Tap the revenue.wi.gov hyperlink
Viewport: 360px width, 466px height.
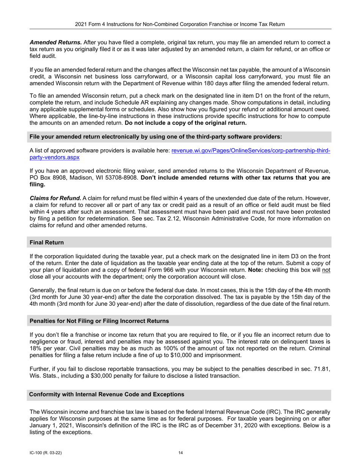tap(250, 150)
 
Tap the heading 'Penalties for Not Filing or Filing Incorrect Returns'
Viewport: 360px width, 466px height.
tap(99, 321)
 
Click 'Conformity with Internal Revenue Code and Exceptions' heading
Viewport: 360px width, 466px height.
tap(106, 394)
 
